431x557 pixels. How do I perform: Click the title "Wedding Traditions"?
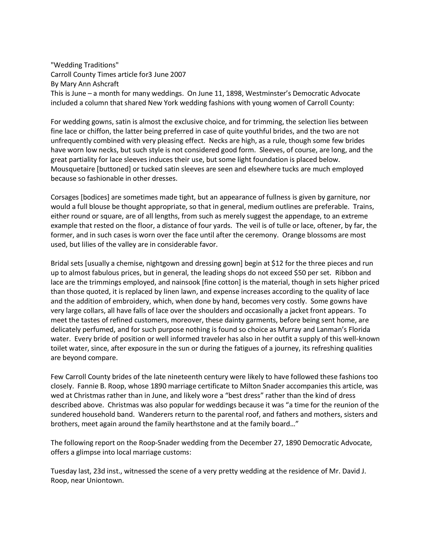pos(85,65)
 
